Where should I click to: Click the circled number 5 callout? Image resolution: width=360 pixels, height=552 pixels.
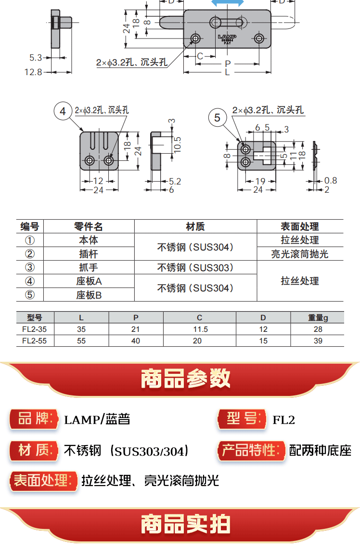tap(218, 118)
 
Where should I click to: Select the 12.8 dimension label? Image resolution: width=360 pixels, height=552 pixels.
tap(35, 72)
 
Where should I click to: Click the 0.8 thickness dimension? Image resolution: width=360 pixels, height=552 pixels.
tap(331, 181)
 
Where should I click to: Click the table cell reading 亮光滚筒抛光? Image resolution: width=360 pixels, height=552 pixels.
tap(300, 254)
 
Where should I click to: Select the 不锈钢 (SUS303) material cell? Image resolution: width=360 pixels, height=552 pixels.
tap(195, 268)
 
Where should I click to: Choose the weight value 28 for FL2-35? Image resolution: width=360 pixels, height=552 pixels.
tap(318, 329)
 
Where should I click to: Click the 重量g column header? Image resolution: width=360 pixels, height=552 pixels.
tap(318, 317)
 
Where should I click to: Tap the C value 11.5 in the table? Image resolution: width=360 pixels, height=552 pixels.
tap(199, 329)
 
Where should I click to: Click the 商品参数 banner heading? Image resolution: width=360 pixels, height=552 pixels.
tap(186, 379)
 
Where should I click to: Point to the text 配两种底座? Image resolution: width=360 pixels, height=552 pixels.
tap(320, 450)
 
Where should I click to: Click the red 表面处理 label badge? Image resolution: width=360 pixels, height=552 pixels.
tap(44, 481)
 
